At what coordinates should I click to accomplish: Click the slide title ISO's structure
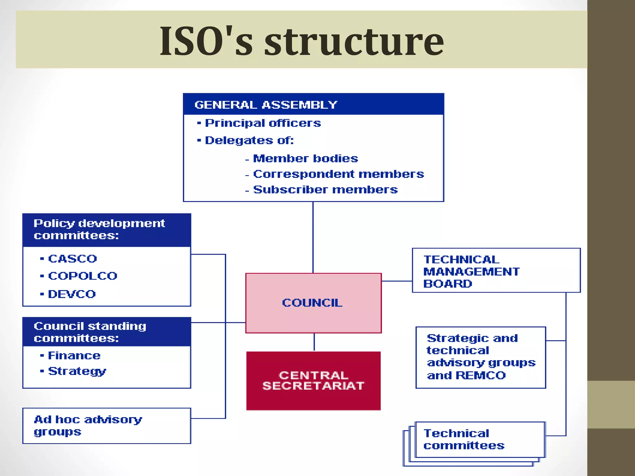pyautogui.click(x=301, y=41)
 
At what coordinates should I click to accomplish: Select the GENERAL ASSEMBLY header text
pyautogui.click(x=266, y=105)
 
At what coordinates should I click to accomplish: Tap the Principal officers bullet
pyautogui.click(x=263, y=123)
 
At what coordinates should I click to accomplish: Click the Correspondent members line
pyautogui.click(x=338, y=174)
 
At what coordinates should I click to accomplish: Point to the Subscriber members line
pyautogui.click(x=325, y=190)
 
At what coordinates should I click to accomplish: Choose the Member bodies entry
pyautogui.click(x=305, y=159)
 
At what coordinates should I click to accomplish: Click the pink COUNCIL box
pyautogui.click(x=313, y=303)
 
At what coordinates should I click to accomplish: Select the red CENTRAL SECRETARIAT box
pyautogui.click(x=313, y=381)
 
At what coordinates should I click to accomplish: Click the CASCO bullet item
pyautogui.click(x=72, y=259)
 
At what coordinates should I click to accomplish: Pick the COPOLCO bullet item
pyautogui.click(x=82, y=276)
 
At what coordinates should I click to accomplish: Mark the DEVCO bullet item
pyautogui.click(x=72, y=294)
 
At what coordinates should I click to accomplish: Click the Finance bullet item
pyautogui.click(x=74, y=355)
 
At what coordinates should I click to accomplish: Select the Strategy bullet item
pyautogui.click(x=77, y=371)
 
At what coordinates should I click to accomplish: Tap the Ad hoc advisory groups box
pyautogui.click(x=106, y=425)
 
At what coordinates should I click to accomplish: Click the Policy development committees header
pyautogui.click(x=99, y=229)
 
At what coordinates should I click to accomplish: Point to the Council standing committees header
pyautogui.click(x=90, y=332)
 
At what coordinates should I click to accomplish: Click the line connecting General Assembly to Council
pyautogui.click(x=313, y=237)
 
